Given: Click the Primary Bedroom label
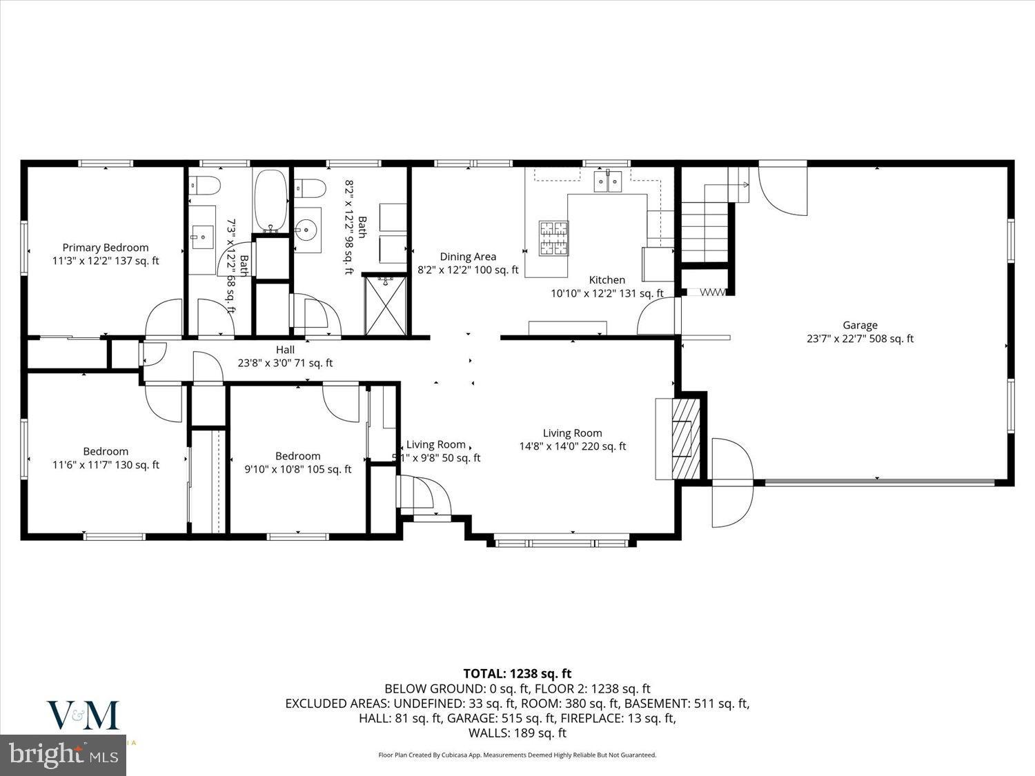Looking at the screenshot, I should click(106, 248).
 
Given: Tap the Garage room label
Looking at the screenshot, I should click(860, 326).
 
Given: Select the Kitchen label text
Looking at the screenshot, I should click(607, 280).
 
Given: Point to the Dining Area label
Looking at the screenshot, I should click(468, 257).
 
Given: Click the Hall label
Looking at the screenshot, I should click(285, 350).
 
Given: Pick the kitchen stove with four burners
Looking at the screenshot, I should click(553, 238).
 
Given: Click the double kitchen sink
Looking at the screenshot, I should click(608, 181).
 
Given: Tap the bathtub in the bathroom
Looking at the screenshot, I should click(270, 200).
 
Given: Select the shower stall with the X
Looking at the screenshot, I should click(386, 305).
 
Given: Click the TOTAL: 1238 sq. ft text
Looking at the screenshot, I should click(517, 673).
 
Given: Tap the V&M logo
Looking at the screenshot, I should click(83, 715).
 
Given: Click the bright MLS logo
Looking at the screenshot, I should click(63, 754).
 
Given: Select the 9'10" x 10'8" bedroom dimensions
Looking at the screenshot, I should click(298, 469).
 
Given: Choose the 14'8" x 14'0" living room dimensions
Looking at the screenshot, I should click(572, 446).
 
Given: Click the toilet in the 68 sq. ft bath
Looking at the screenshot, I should click(205, 185).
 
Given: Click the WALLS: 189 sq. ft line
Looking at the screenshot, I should click(517, 733).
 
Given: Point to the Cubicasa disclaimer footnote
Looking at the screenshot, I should click(517, 755).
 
